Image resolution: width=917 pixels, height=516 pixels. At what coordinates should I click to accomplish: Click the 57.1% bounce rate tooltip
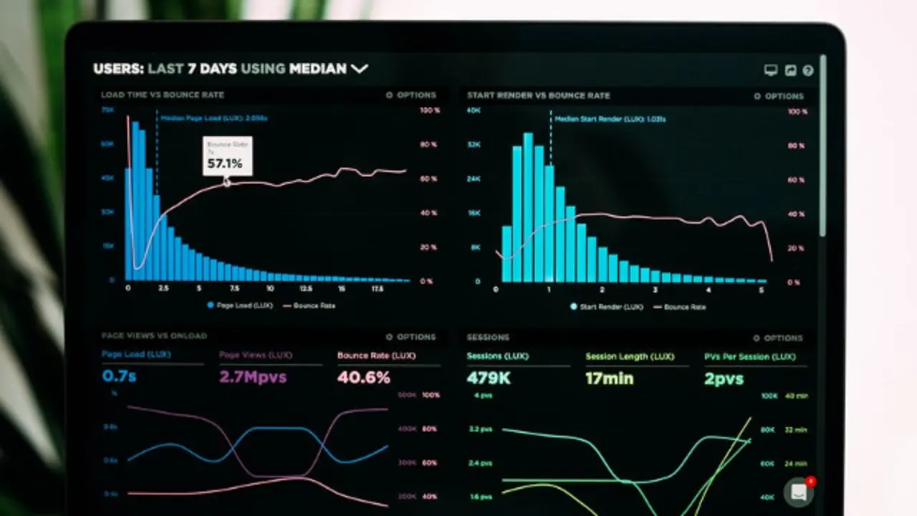tap(227, 156)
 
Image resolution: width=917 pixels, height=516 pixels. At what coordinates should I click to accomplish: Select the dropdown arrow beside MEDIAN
tap(359, 69)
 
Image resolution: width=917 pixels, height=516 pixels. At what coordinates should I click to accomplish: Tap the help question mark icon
tap(808, 70)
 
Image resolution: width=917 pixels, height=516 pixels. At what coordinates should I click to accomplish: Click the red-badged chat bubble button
tap(798, 492)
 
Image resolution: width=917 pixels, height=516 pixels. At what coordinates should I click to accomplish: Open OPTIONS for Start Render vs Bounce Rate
tap(778, 96)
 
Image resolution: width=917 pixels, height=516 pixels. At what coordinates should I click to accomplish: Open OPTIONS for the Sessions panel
tap(778, 338)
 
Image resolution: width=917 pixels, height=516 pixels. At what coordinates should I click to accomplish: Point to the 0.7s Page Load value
tap(119, 376)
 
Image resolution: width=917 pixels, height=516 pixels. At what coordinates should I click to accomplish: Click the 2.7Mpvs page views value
tap(252, 377)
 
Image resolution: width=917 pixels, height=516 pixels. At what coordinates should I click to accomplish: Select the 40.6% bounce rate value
tap(363, 377)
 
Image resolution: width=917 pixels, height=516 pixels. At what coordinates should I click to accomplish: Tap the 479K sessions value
tap(489, 378)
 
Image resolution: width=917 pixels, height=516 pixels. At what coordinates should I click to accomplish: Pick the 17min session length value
tap(609, 378)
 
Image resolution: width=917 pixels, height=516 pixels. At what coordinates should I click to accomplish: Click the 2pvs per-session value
tap(724, 378)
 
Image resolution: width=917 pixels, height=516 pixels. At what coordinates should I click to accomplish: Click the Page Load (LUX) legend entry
tap(240, 305)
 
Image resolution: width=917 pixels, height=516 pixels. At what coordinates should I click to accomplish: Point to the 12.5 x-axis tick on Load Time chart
tap(306, 288)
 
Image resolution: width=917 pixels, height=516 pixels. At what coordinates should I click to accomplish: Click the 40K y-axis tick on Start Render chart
tap(473, 110)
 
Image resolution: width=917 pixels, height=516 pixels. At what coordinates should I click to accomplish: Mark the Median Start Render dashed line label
tap(610, 119)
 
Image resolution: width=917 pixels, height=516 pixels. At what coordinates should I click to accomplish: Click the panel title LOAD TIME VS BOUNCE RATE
tap(163, 95)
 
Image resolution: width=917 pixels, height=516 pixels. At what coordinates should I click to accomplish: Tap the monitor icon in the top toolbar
tap(771, 70)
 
